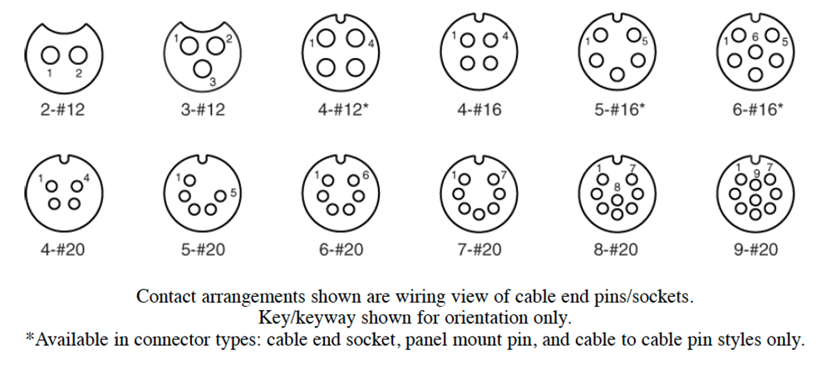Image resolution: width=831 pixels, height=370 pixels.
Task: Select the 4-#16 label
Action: pyautogui.click(x=478, y=109)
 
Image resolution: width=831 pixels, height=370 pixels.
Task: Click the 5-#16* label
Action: pyautogui.click(x=619, y=109)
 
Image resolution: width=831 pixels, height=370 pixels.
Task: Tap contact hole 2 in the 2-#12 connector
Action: pyautogui.click(x=79, y=55)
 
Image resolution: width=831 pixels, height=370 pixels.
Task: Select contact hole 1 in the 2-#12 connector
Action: pyautogui.click(x=50, y=55)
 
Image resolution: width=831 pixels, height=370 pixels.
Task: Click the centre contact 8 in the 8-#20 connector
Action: pyautogui.click(x=617, y=198)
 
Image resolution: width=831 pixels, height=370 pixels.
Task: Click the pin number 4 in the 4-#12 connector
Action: pyautogui.click(x=371, y=43)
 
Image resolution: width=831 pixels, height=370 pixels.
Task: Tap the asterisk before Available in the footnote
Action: pyautogui.click(x=29, y=339)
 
